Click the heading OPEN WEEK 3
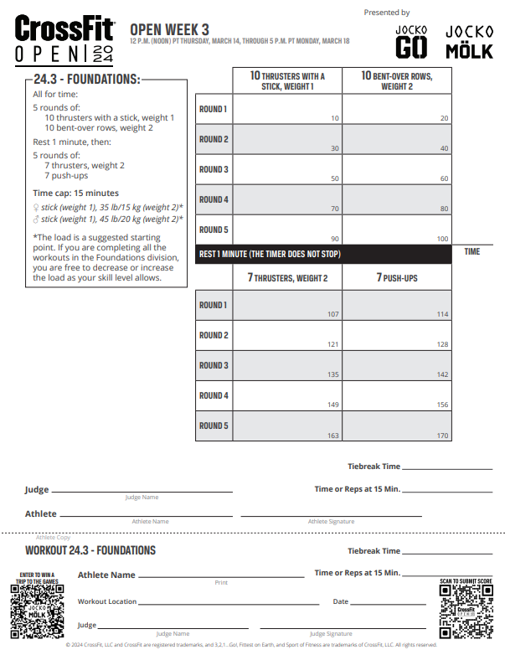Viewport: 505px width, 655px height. click(x=170, y=29)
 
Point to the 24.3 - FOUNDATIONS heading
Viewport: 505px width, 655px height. click(x=86, y=80)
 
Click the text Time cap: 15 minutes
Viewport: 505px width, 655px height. click(x=75, y=193)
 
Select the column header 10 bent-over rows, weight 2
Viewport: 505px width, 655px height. click(x=396, y=80)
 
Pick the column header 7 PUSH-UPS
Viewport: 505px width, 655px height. click(x=396, y=277)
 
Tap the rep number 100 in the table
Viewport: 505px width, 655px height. click(x=442, y=239)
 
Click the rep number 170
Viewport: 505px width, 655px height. click(x=442, y=436)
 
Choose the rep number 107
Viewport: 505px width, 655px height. click(x=333, y=314)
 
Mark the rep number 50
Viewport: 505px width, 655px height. click(x=334, y=178)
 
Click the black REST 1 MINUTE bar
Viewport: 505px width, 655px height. click(x=323, y=254)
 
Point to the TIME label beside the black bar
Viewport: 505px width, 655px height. click(x=472, y=251)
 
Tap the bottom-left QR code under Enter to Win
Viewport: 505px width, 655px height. click(x=37, y=611)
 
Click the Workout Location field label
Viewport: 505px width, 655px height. click(x=106, y=601)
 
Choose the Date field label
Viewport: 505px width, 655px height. click(x=340, y=601)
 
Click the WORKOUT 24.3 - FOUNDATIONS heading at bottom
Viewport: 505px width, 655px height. click(x=90, y=550)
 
